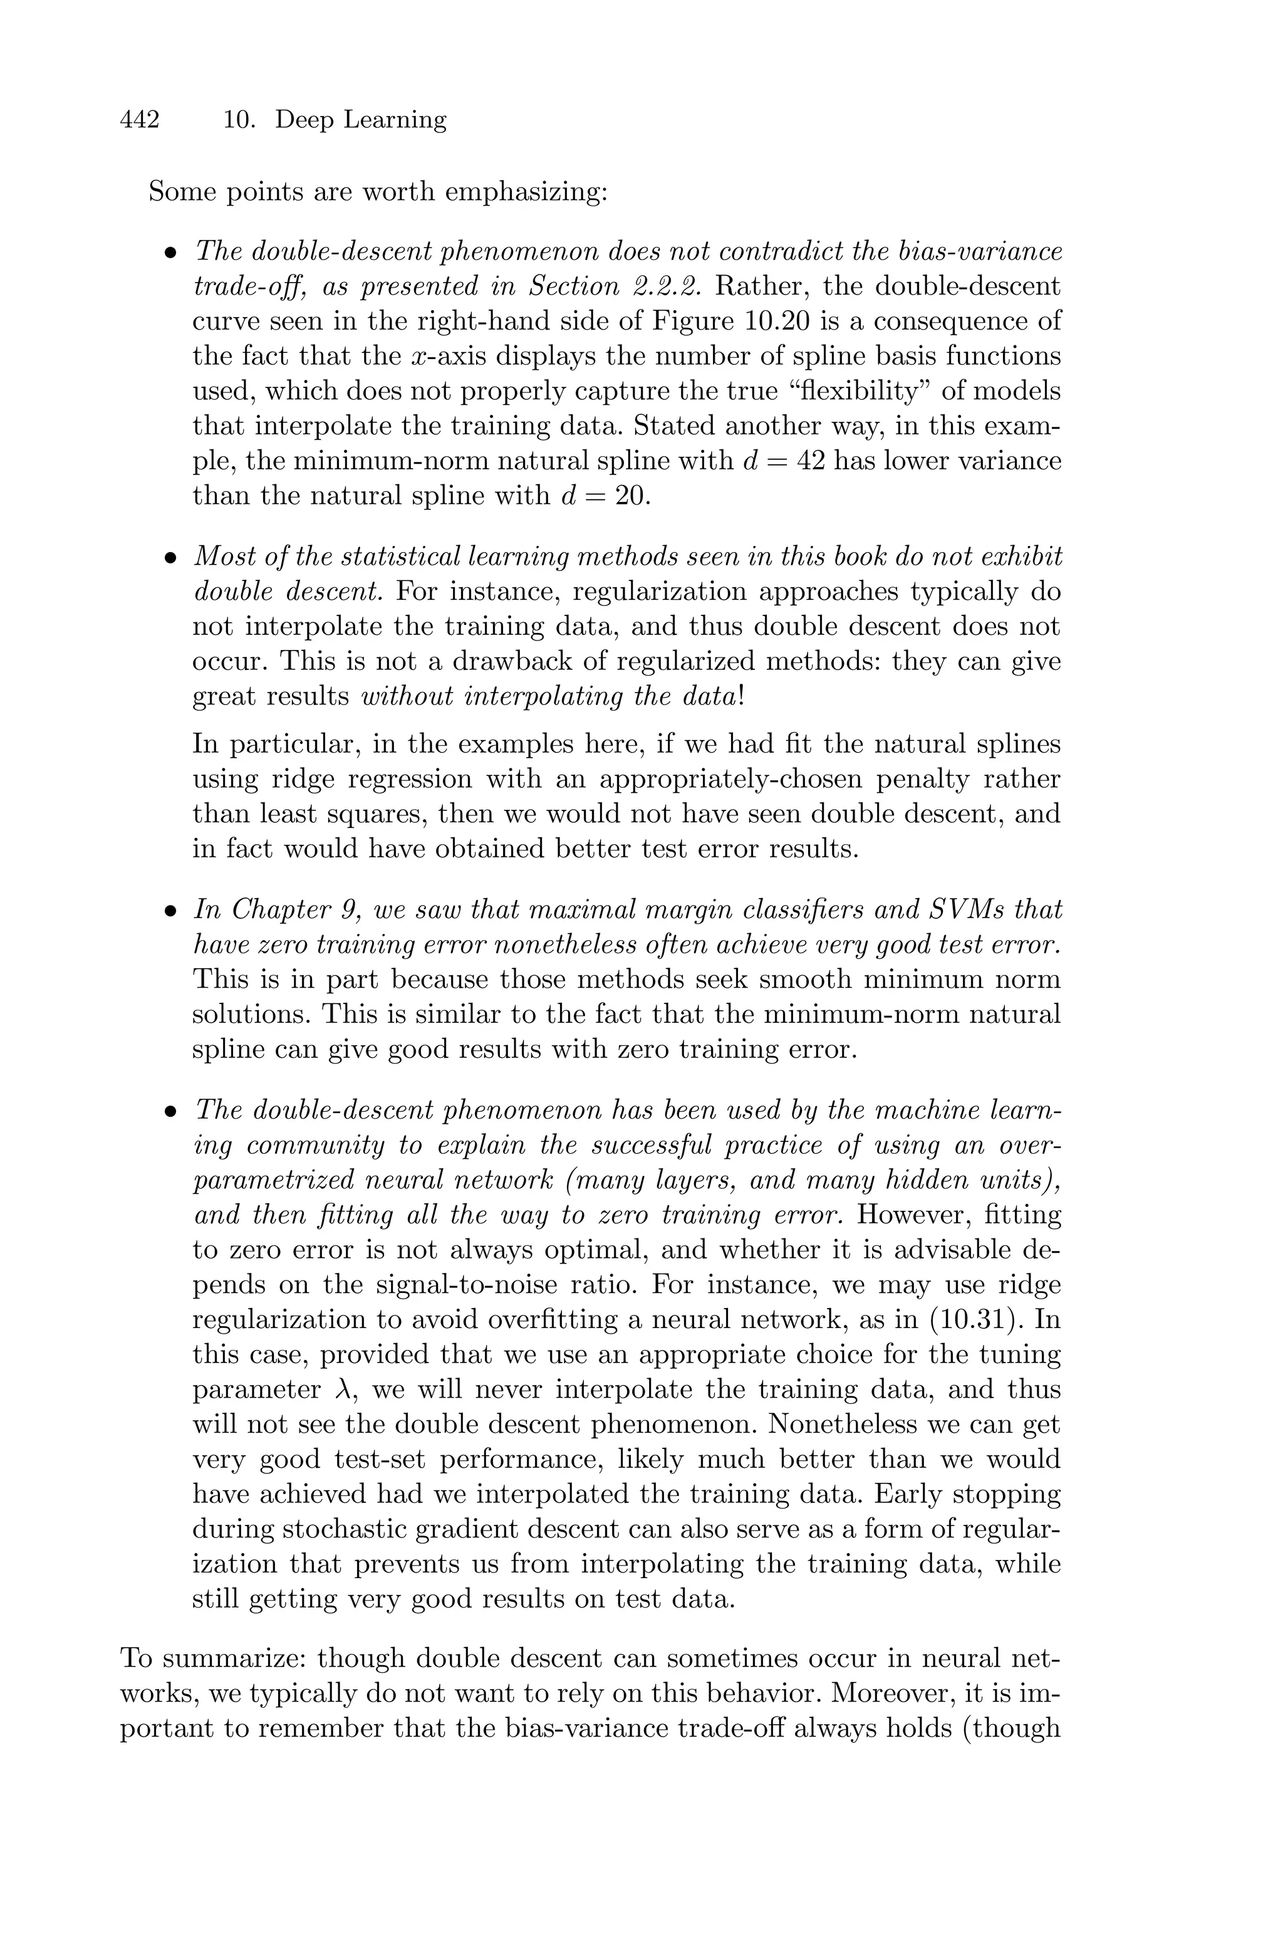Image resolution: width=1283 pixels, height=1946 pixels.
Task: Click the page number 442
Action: click(139, 120)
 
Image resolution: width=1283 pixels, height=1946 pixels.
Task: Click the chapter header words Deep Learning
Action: click(360, 120)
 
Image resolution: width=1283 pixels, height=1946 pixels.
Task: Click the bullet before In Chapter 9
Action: click(170, 910)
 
